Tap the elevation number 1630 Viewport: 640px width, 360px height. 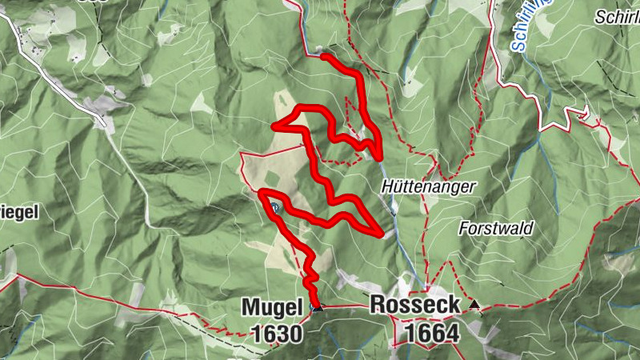[x=277, y=334]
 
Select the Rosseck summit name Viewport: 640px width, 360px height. [x=415, y=306]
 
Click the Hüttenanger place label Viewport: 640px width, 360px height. [x=428, y=186]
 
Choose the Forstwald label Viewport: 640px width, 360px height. [x=496, y=228]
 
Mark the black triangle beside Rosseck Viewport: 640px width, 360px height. [x=476, y=305]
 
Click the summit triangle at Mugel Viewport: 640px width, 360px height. [x=317, y=306]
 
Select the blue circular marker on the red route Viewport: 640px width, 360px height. [x=274, y=208]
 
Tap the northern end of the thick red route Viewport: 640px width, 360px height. [x=322, y=55]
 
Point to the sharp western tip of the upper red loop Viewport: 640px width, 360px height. [x=274, y=126]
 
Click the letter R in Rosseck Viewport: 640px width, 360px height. [x=378, y=306]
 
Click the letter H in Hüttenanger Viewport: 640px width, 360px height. [x=387, y=186]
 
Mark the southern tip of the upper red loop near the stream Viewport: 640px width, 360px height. [x=378, y=158]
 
